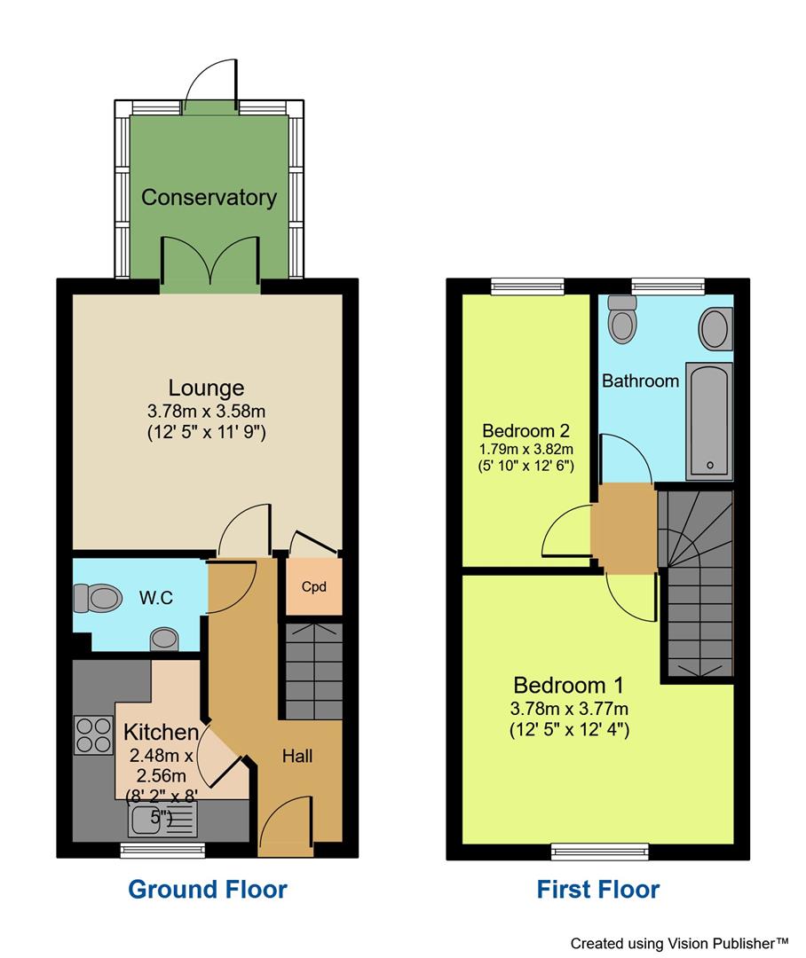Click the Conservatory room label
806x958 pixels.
[x=209, y=197]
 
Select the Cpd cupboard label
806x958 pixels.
[x=310, y=586]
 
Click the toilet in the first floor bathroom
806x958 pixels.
[x=623, y=318]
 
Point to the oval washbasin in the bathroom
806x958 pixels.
[x=716, y=328]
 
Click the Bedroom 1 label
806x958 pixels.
[x=568, y=685]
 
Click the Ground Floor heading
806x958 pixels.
[x=208, y=889]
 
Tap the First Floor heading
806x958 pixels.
[x=597, y=889]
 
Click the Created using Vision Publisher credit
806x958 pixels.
[x=679, y=943]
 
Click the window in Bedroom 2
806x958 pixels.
[x=527, y=286]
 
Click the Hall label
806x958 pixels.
[x=297, y=757]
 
